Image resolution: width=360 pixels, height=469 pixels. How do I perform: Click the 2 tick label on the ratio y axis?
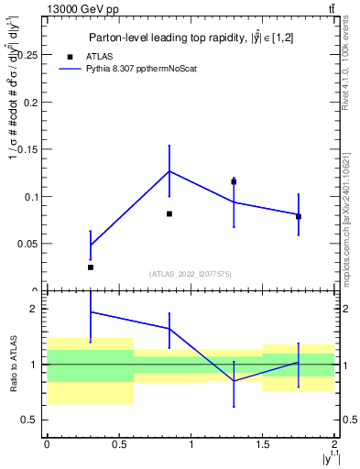coord(34,310)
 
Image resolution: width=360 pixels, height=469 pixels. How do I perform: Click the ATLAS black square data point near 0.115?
coord(234,181)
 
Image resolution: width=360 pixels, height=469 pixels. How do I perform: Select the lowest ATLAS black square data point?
coord(90,267)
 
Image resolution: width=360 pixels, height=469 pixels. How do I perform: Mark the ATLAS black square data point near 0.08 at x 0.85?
coord(169,213)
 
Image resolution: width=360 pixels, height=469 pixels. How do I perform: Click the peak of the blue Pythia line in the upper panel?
coord(169,171)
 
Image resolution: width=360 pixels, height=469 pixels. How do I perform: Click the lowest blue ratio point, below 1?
coord(234,380)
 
